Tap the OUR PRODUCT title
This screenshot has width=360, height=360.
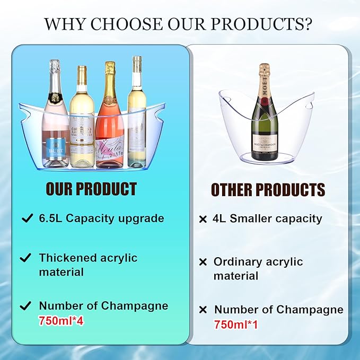pos(91,189)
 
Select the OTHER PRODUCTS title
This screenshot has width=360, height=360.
pos(268,190)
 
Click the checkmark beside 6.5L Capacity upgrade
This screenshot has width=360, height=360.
pos(25,218)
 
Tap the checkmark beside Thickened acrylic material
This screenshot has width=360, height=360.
pos(25,258)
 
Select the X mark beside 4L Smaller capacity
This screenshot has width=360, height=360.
pos(203,219)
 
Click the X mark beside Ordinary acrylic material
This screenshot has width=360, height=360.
pos(203,262)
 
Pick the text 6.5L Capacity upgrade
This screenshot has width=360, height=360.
pos(101,218)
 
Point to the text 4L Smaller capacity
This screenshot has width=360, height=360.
pos(268,218)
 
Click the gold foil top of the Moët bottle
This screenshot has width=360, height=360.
pos(264,74)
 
